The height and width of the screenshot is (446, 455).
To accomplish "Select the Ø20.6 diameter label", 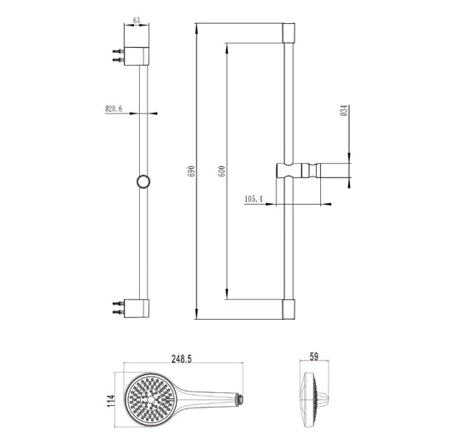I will [x=114, y=109].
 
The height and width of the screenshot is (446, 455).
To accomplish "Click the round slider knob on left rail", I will [x=143, y=181].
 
